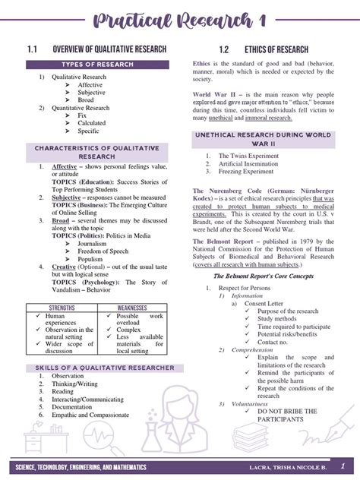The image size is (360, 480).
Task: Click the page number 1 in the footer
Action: pos(342,465)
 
